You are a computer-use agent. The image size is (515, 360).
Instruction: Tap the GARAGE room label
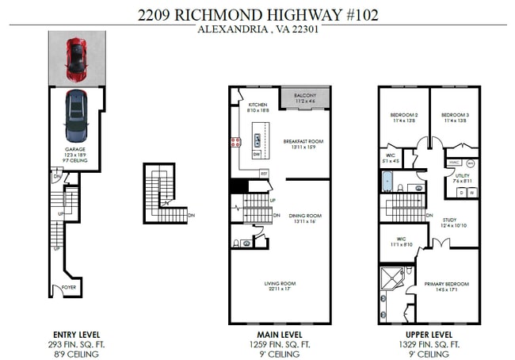tap(74, 149)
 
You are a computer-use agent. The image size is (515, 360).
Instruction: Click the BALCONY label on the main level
tap(305, 96)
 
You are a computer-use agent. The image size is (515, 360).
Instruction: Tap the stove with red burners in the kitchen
tap(235, 143)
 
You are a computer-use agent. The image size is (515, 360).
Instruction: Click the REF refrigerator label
tap(264, 172)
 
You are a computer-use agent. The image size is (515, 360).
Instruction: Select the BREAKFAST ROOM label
tap(304, 141)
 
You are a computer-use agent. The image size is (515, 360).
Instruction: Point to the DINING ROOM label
tap(304, 215)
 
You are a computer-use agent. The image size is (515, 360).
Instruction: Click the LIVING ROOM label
tap(280, 283)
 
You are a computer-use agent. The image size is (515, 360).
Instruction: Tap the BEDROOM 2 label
tap(404, 115)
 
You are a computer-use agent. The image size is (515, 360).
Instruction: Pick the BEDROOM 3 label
tap(455, 115)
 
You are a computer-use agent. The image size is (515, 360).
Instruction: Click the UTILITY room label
tap(462, 175)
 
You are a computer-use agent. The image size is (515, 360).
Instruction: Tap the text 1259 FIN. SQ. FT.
tap(280, 345)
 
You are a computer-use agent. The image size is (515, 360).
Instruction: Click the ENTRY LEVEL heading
tap(76, 335)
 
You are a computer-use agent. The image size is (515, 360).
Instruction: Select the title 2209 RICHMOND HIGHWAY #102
tap(257, 14)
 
